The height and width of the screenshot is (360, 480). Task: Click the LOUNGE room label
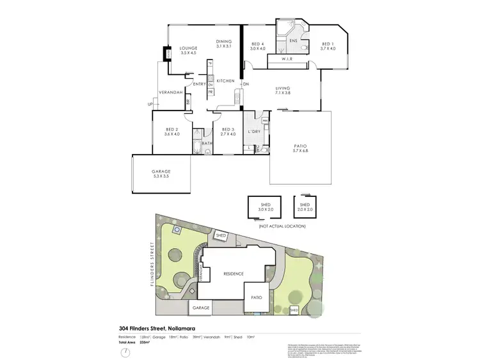(188, 48)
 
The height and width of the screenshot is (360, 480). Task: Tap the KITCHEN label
(225, 81)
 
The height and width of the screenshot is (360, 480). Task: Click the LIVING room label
(283, 88)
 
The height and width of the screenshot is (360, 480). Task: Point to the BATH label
(207, 143)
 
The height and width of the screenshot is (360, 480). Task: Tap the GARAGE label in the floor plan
(161, 173)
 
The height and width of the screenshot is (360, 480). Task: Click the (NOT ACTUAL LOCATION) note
(282, 226)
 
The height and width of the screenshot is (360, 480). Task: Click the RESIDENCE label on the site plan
(233, 274)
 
